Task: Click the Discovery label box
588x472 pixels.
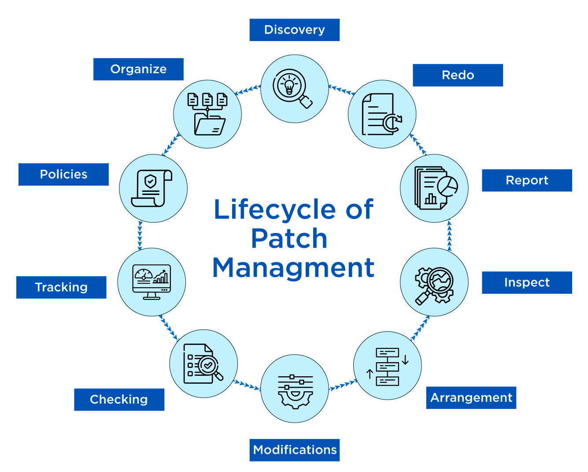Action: point(294,30)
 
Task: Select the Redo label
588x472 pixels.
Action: point(458,75)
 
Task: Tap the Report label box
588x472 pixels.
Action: point(527,180)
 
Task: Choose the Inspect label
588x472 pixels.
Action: point(527,283)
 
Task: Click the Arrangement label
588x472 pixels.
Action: point(471,398)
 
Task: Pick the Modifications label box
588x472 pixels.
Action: point(294,450)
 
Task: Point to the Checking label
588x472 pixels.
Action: point(119,400)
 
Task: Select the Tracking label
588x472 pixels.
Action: point(61,287)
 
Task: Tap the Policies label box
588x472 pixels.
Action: point(63,174)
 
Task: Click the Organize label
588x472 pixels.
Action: point(138,69)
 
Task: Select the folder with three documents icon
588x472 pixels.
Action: point(207,114)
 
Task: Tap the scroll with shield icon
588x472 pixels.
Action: point(152,188)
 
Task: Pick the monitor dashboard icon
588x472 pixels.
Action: point(152,282)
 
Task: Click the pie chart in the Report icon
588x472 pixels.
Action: point(447,186)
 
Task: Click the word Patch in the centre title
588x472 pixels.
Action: point(289,239)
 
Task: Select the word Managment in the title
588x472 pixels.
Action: point(293,268)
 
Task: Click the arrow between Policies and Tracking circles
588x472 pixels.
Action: point(140,235)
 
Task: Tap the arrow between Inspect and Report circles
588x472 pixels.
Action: point(449,235)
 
